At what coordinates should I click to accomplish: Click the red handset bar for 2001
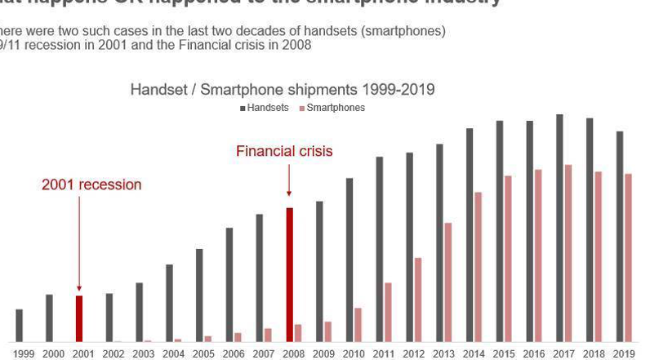pos(79,318)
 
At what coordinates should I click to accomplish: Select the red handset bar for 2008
pos(289,274)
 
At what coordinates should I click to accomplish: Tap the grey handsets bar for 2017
pos(559,228)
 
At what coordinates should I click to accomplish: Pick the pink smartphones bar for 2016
pos(538,256)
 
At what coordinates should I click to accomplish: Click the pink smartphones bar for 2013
pos(448,282)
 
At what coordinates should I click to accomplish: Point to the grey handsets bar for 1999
pos(19,325)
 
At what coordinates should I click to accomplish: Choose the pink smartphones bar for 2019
pos(628,257)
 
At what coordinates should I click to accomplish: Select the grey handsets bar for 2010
pos(349,260)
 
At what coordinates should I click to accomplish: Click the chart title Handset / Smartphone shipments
pos(283,90)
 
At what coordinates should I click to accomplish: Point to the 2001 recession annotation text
pos(91,184)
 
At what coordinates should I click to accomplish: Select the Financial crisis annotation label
pos(284,151)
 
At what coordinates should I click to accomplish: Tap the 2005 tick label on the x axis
pos(203,353)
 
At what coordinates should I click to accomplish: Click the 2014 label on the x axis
pos(474,353)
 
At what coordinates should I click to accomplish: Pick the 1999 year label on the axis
pos(24,353)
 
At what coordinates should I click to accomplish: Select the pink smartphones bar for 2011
pos(388,312)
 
